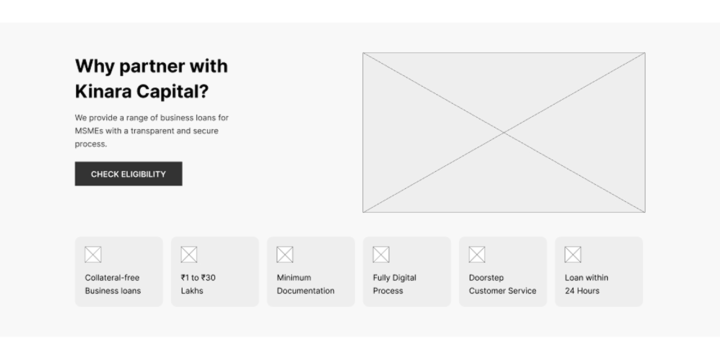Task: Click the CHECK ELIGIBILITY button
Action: [x=129, y=173]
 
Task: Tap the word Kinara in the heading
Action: [x=103, y=91]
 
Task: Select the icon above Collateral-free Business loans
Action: [x=93, y=255]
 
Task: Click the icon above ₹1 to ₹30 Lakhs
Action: [x=189, y=255]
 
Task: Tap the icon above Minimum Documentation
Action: [x=285, y=255]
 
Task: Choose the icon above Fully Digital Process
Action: [x=381, y=255]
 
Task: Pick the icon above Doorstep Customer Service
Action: [x=477, y=255]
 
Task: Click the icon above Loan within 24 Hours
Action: [x=573, y=255]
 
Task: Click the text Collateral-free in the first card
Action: [x=112, y=278]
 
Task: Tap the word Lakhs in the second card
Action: [x=192, y=291]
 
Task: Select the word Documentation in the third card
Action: [x=305, y=291]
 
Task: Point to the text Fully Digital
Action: [x=394, y=278]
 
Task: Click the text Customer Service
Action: [x=502, y=291]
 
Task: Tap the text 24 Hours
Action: [x=582, y=291]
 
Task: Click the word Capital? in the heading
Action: [x=172, y=92]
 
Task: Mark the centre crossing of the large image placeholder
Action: [x=504, y=133]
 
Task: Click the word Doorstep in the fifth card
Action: [x=487, y=278]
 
